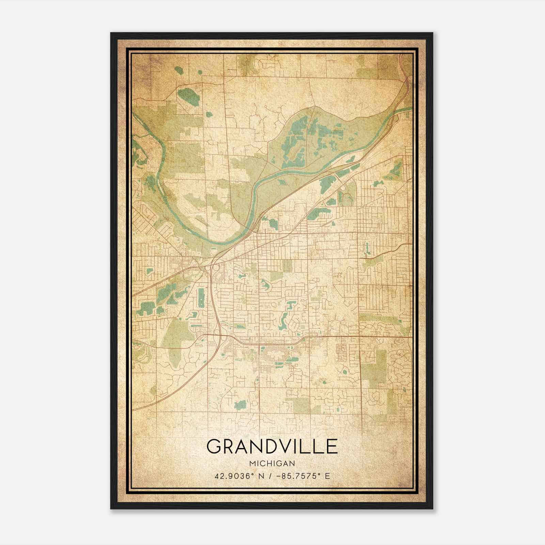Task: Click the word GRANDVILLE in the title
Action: pyautogui.click(x=272, y=446)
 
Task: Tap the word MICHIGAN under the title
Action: pyautogui.click(x=272, y=464)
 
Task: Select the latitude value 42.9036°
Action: pyautogui.click(x=232, y=476)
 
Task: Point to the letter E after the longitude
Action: pyautogui.click(x=327, y=476)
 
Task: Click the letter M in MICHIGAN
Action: pyautogui.click(x=252, y=464)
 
